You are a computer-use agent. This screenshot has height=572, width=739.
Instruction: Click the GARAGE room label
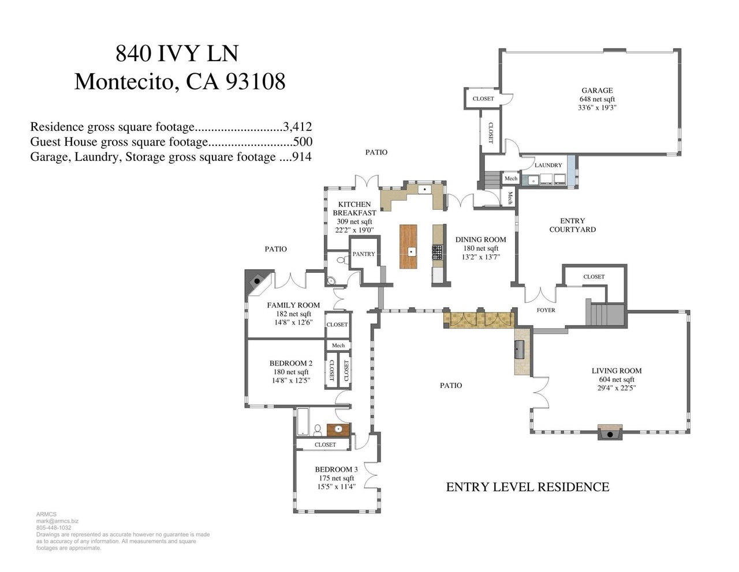click(597, 91)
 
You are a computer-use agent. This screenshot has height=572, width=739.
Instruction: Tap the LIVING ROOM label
click(616, 371)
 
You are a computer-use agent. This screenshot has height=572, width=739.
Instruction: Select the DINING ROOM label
click(480, 240)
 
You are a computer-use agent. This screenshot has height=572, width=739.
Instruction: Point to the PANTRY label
click(364, 254)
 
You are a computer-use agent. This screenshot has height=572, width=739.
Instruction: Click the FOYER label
click(546, 310)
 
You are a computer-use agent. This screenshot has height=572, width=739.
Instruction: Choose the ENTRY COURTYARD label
click(572, 225)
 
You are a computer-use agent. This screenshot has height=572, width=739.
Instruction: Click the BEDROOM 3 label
click(336, 469)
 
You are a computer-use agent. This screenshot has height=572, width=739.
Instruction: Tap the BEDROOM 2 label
click(291, 363)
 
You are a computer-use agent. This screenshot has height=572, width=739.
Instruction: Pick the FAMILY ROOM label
click(293, 305)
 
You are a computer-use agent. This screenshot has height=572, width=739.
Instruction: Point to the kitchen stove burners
click(437, 251)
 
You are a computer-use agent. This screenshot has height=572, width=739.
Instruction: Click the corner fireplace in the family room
click(256, 281)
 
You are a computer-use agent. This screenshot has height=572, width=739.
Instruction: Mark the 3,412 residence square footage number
click(298, 127)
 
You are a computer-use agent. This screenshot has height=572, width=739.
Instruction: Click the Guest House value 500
click(303, 142)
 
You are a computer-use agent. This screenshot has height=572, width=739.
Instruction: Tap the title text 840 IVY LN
click(177, 54)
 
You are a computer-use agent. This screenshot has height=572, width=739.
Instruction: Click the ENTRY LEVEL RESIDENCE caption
click(528, 487)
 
